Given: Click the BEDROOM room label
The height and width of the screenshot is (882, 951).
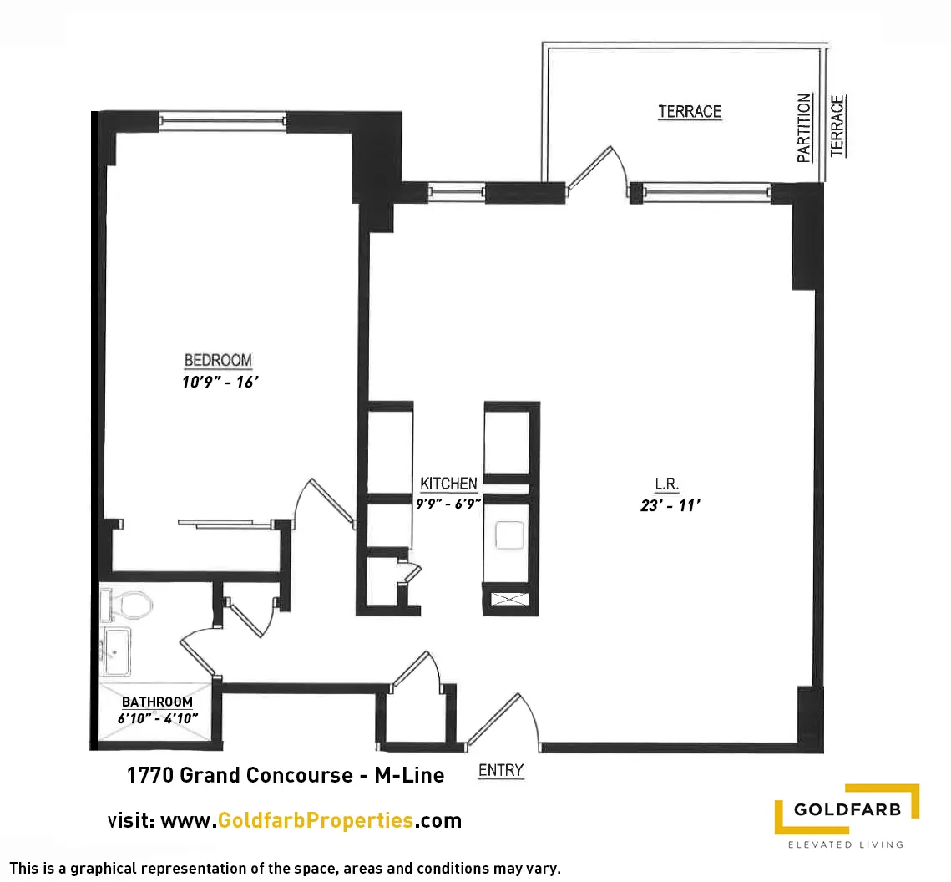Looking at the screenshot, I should (x=218, y=361).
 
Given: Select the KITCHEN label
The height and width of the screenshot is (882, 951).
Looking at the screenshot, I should (x=448, y=484).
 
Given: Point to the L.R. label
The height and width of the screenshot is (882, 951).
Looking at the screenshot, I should (x=667, y=484).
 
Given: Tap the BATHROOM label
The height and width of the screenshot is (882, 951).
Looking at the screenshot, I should (x=157, y=702).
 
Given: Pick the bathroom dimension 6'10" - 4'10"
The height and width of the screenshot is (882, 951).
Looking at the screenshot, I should (x=157, y=718).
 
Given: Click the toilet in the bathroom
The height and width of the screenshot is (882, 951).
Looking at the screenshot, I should (x=127, y=605).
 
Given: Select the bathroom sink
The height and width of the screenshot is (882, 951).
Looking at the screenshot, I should (x=116, y=651).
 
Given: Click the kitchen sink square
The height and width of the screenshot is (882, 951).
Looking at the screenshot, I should (x=508, y=535).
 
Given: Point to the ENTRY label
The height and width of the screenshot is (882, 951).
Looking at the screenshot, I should (x=500, y=771).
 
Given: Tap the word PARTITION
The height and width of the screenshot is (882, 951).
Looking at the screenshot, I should (x=804, y=128).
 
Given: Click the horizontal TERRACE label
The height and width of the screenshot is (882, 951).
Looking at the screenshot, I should (x=689, y=111).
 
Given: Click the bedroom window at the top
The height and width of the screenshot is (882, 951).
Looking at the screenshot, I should (x=223, y=121).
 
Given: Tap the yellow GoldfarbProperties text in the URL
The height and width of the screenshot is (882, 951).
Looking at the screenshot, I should (x=315, y=820).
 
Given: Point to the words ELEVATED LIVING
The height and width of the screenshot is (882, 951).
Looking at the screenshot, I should (x=845, y=844).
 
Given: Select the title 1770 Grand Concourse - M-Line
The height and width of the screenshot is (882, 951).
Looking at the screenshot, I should (x=285, y=775).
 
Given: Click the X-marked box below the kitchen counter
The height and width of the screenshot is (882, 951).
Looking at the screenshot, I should (x=506, y=598).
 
